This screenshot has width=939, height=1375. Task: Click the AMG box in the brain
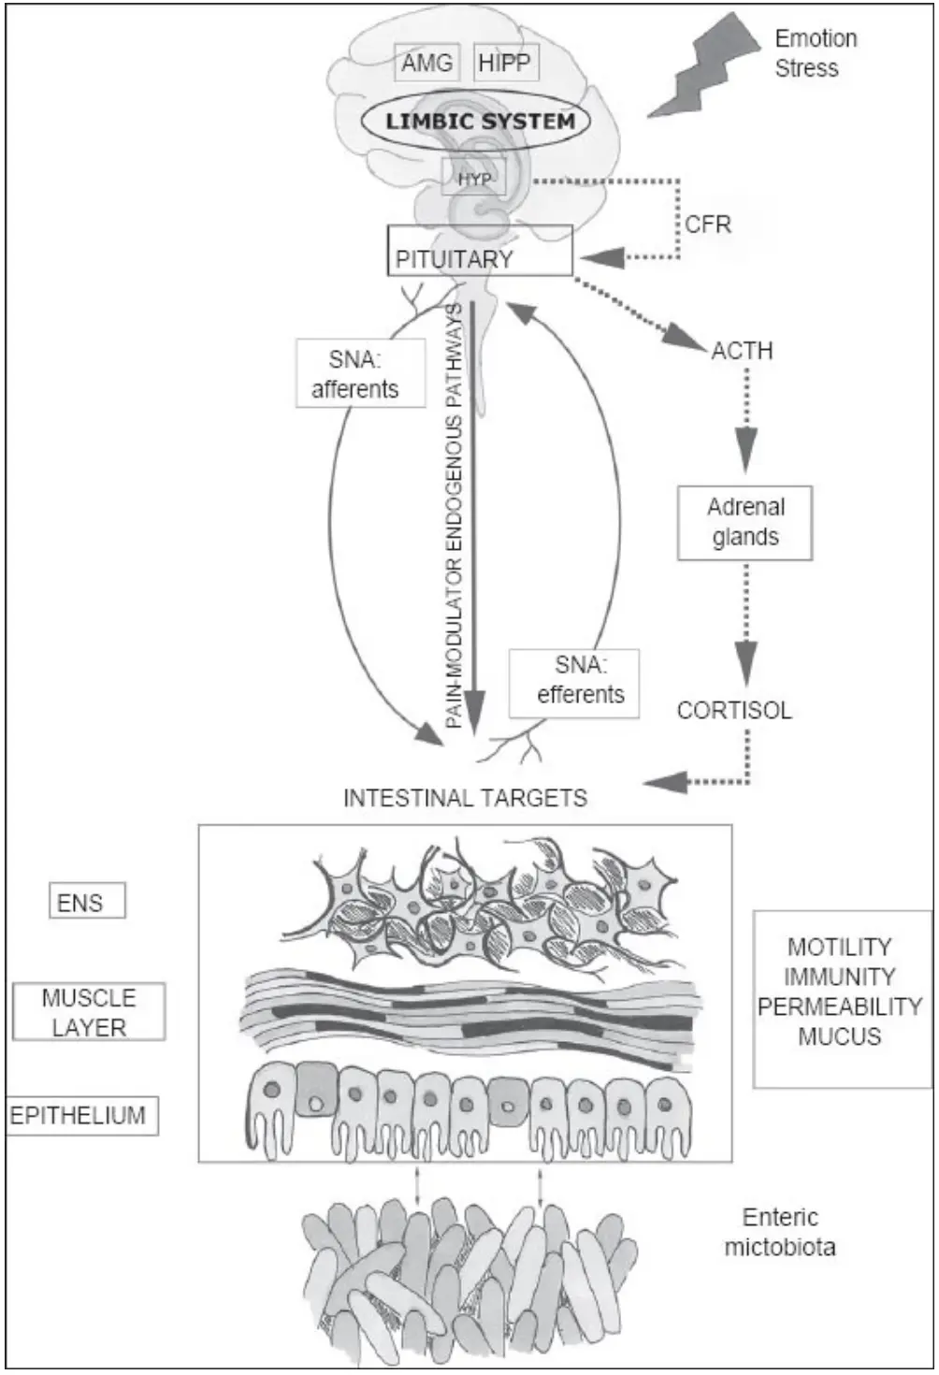(426, 64)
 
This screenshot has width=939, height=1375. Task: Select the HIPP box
(505, 63)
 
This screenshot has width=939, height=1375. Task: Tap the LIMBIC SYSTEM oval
(480, 121)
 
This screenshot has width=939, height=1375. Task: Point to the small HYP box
(474, 178)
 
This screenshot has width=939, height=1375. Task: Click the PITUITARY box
(479, 251)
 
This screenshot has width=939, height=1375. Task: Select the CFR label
(708, 224)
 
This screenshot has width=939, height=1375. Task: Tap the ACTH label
(742, 351)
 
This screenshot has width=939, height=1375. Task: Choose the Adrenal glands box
(744, 523)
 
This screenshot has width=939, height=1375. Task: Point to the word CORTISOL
(734, 710)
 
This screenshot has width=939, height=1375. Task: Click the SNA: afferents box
(360, 373)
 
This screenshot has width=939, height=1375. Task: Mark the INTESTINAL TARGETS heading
(465, 798)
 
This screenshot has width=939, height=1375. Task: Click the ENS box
(86, 903)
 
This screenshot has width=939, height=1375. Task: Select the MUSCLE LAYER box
(89, 1012)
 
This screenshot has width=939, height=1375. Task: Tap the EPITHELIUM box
(81, 1116)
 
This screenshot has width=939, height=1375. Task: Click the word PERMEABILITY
(840, 1006)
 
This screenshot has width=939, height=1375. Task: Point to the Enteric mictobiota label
(780, 1232)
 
